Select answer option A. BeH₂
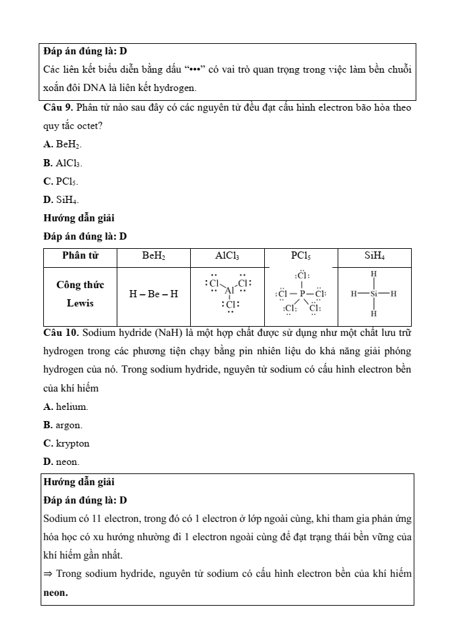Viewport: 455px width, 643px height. pos(62,144)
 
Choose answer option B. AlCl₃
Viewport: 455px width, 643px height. pos(63,162)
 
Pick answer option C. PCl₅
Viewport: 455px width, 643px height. pos(62,181)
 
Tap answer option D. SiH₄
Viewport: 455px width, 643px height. pos(62,199)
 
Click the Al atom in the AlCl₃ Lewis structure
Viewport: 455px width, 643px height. pos(229,291)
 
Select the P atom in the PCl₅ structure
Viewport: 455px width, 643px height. pos(302,294)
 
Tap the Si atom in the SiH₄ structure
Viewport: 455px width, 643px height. pos(374,294)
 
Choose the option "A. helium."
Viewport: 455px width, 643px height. pos(66,407)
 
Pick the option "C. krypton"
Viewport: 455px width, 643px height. pos(66,443)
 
